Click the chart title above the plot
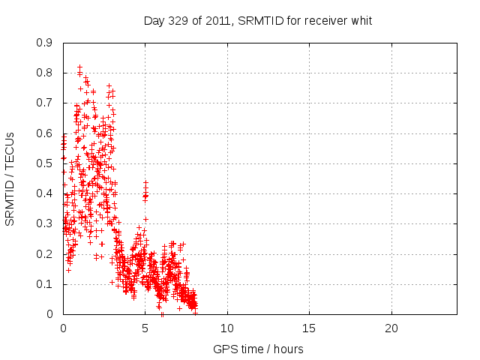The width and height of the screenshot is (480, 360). tap(258, 20)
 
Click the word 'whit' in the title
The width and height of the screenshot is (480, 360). tap(361, 20)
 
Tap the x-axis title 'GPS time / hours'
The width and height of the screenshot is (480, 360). tap(258, 349)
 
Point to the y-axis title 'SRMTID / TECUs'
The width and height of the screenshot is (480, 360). tap(10, 178)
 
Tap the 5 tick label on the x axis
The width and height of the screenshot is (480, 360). tap(145, 328)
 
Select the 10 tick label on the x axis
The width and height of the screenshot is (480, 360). tap(226, 328)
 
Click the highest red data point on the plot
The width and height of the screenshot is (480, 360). tap(79, 67)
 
